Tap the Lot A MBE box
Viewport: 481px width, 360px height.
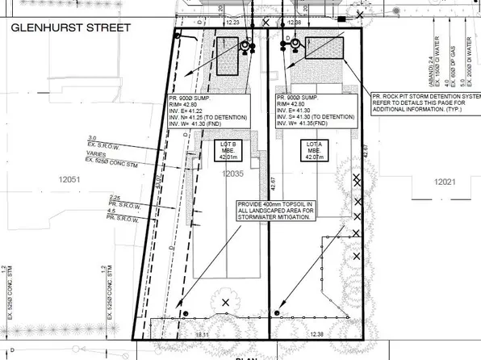310,152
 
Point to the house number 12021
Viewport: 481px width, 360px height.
446,183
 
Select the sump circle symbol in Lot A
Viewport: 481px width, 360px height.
295,44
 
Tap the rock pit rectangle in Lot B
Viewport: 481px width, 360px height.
228,47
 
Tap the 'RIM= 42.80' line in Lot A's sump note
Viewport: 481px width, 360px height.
292,104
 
